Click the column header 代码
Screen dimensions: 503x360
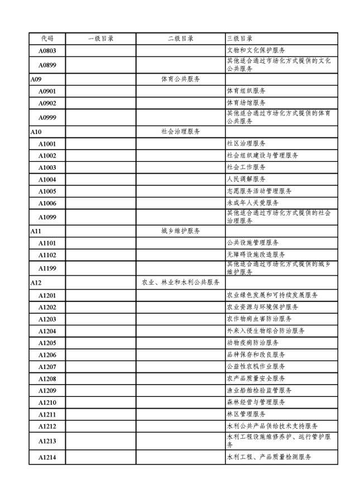point(47,39)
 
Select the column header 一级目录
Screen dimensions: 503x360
point(100,39)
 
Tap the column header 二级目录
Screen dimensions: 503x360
point(180,39)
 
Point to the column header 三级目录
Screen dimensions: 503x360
point(239,39)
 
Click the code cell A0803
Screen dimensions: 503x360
point(47,51)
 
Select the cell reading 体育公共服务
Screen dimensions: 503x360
point(180,79)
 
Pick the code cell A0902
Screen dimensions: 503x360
point(47,103)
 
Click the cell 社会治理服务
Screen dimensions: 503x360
point(180,132)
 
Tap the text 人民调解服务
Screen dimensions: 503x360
point(246,179)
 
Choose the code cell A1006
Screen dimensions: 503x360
point(47,203)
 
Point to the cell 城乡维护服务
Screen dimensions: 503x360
point(180,231)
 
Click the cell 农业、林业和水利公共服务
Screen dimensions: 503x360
point(180,283)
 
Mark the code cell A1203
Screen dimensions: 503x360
point(47,319)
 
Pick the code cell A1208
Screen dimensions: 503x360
point(47,378)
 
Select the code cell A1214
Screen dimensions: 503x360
point(47,457)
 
